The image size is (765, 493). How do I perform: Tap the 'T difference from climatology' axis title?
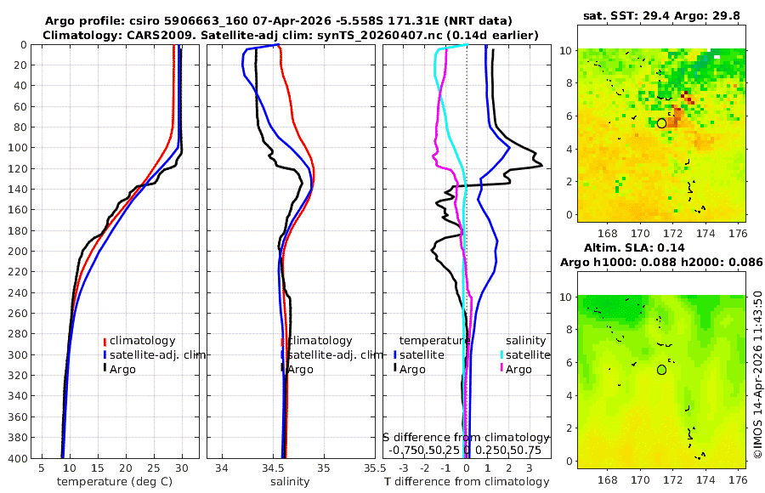tap(466, 482)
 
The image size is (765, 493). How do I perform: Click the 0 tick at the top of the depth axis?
tap(25, 44)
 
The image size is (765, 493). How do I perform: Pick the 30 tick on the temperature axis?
tap(182, 467)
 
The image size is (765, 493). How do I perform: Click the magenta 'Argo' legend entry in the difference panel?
tap(518, 369)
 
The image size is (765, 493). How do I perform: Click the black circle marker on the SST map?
tap(661, 123)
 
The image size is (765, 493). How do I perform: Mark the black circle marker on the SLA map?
tap(661, 370)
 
